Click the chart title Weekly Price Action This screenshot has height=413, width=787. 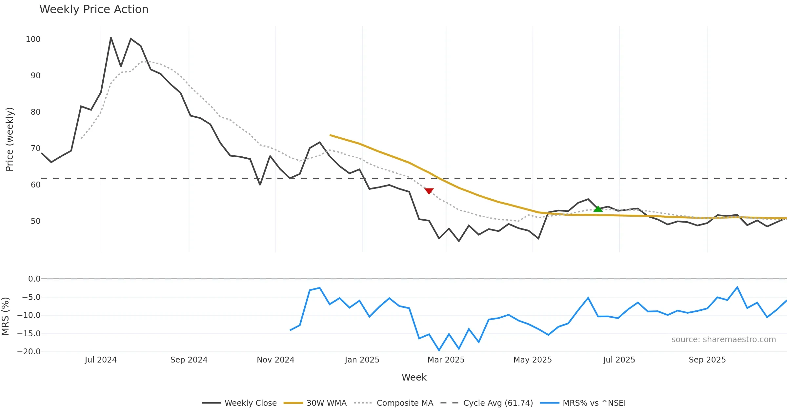click(x=94, y=10)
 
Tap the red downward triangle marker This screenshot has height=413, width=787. click(x=429, y=191)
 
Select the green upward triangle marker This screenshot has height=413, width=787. click(x=598, y=209)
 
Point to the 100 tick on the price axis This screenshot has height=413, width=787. click(x=33, y=39)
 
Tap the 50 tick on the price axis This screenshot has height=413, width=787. click(x=35, y=221)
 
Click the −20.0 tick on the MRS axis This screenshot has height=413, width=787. click(x=29, y=352)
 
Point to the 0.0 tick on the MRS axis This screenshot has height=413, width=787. click(x=34, y=279)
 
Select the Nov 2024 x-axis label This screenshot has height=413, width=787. click(x=275, y=360)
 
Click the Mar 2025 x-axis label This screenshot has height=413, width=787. click(x=446, y=360)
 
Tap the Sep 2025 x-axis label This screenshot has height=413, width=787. click(x=707, y=360)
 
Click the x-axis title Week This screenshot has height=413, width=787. click(x=414, y=377)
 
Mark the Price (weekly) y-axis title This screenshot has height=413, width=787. click(x=10, y=139)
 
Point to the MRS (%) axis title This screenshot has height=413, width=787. click(x=5, y=316)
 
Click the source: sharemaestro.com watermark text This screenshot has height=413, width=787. click(x=723, y=340)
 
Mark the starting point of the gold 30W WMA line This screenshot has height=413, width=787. click(x=330, y=135)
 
